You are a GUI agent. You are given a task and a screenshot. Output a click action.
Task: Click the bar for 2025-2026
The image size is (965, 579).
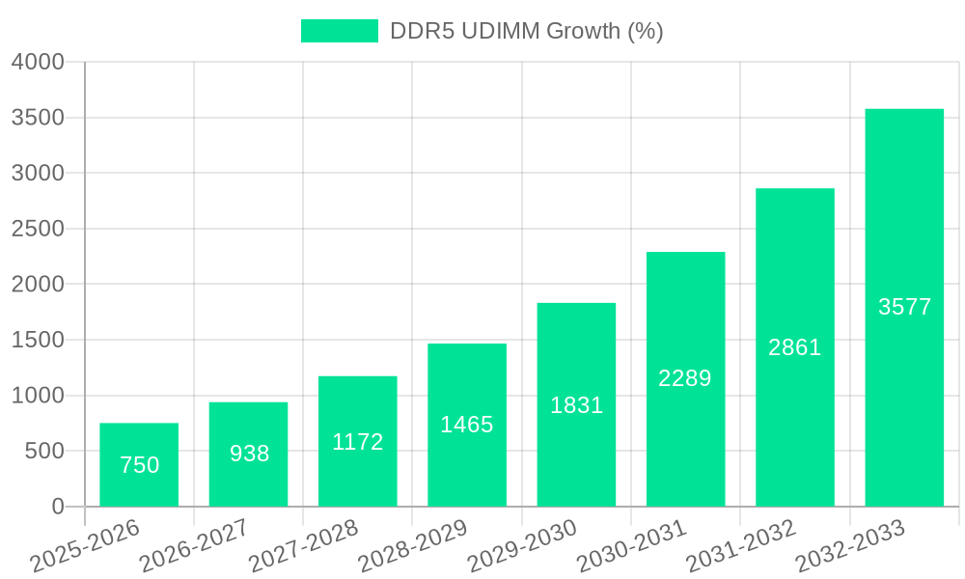pyautogui.click(x=139, y=464)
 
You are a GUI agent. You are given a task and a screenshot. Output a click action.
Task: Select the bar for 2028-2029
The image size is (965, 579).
pyautogui.click(x=467, y=425)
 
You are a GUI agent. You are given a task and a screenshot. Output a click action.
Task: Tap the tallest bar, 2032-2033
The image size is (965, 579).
pyautogui.click(x=904, y=308)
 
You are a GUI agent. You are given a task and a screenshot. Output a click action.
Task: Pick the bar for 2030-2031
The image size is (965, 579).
pyautogui.click(x=685, y=379)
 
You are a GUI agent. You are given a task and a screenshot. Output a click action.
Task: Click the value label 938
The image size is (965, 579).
pyautogui.click(x=249, y=454)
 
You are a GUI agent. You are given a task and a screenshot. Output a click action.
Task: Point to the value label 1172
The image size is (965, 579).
pyautogui.click(x=358, y=442)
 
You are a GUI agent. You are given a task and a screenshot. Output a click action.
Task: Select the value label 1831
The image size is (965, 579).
pyautogui.click(x=576, y=405)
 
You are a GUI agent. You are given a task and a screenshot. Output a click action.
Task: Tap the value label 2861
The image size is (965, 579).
pyautogui.click(x=794, y=347)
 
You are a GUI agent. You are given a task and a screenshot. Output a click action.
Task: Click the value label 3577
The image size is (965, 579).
pyautogui.click(x=904, y=307)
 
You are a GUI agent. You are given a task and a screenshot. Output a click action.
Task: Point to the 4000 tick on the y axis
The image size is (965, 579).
pyautogui.click(x=38, y=63)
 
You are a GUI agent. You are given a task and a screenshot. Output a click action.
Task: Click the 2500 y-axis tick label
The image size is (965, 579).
pyautogui.click(x=38, y=229)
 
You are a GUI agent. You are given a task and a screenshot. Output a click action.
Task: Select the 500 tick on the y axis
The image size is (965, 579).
pyautogui.click(x=44, y=451)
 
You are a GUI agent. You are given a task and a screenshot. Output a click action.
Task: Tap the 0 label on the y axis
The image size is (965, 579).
pyautogui.click(x=57, y=507)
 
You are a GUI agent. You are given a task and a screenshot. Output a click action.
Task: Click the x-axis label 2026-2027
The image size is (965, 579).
pyautogui.click(x=194, y=545)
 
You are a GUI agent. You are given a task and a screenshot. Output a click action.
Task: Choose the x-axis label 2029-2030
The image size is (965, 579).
pyautogui.click(x=522, y=545)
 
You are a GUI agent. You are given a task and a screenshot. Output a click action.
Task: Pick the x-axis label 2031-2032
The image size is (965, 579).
pyautogui.click(x=740, y=545)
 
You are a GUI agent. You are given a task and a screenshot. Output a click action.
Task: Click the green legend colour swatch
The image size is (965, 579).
pyautogui.click(x=339, y=31)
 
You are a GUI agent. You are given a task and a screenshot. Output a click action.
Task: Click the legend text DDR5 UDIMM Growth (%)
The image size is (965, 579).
pyautogui.click(x=526, y=31)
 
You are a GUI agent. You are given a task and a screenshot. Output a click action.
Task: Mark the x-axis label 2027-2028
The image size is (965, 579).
pyautogui.click(x=303, y=545)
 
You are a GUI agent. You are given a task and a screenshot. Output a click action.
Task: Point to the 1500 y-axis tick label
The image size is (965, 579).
pyautogui.click(x=38, y=340)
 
